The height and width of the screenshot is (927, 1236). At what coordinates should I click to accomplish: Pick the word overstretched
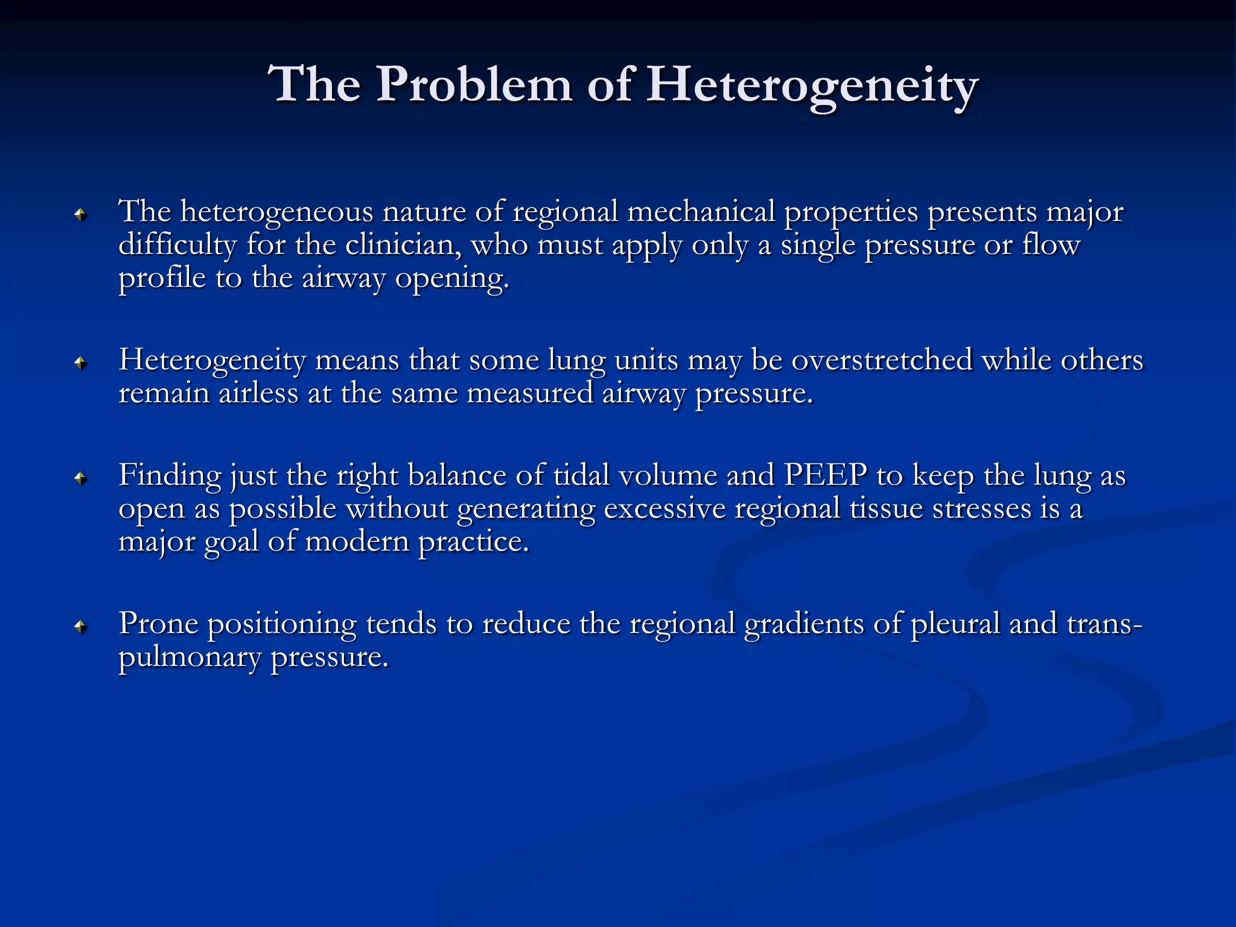pyautogui.click(x=882, y=360)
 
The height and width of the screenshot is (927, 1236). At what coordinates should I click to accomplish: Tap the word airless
pyautogui.click(x=258, y=393)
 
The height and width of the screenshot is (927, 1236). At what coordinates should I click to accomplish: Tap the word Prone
pyautogui.click(x=158, y=624)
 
